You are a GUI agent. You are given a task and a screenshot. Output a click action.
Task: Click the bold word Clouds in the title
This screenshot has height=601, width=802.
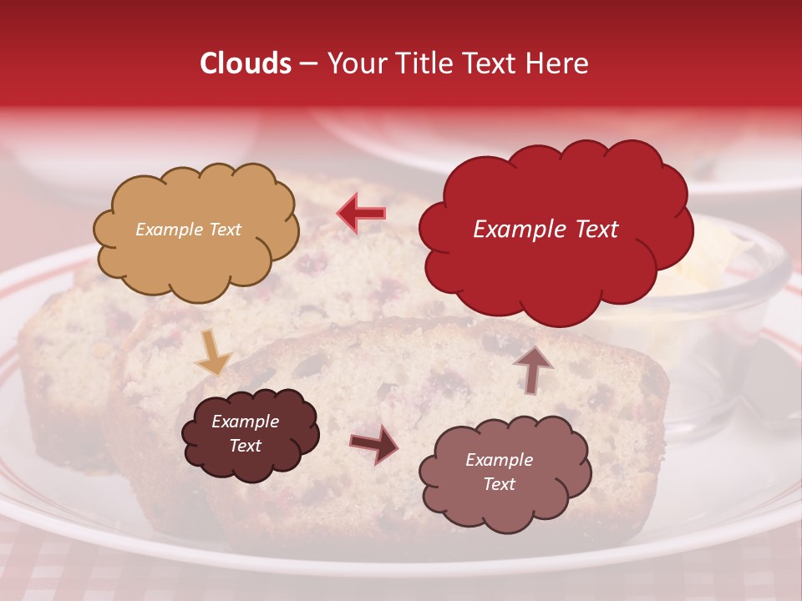245,63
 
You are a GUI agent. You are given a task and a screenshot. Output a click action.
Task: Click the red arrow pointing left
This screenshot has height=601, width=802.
362,213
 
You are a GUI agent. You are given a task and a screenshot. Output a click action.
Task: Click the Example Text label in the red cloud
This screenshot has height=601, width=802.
546,229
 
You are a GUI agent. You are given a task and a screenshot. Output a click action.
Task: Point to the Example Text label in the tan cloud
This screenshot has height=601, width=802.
188,230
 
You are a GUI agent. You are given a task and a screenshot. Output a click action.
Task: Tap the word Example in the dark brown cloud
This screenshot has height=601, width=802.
245,422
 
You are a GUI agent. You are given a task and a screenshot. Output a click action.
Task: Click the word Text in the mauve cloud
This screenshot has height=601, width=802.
499,484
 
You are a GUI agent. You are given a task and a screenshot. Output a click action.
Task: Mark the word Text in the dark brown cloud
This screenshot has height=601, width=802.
245,446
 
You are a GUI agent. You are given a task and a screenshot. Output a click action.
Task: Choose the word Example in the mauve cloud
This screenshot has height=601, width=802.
499,460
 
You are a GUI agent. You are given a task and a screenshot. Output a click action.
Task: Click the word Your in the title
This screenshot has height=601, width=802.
353,63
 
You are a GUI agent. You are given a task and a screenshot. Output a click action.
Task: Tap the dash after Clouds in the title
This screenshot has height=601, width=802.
307,64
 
